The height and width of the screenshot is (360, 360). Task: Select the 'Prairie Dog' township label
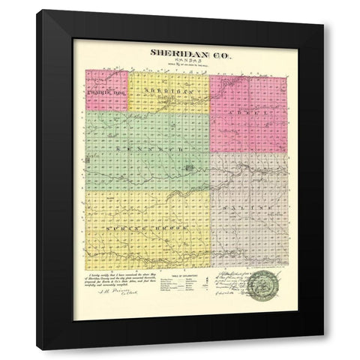coord(106,92)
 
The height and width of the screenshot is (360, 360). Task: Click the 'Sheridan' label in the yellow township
coord(167,90)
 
